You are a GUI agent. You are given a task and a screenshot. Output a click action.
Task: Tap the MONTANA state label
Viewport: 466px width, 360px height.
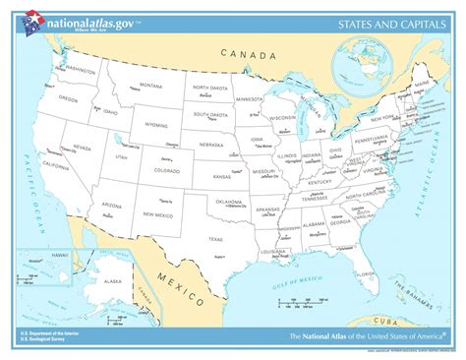coord(150,86)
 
